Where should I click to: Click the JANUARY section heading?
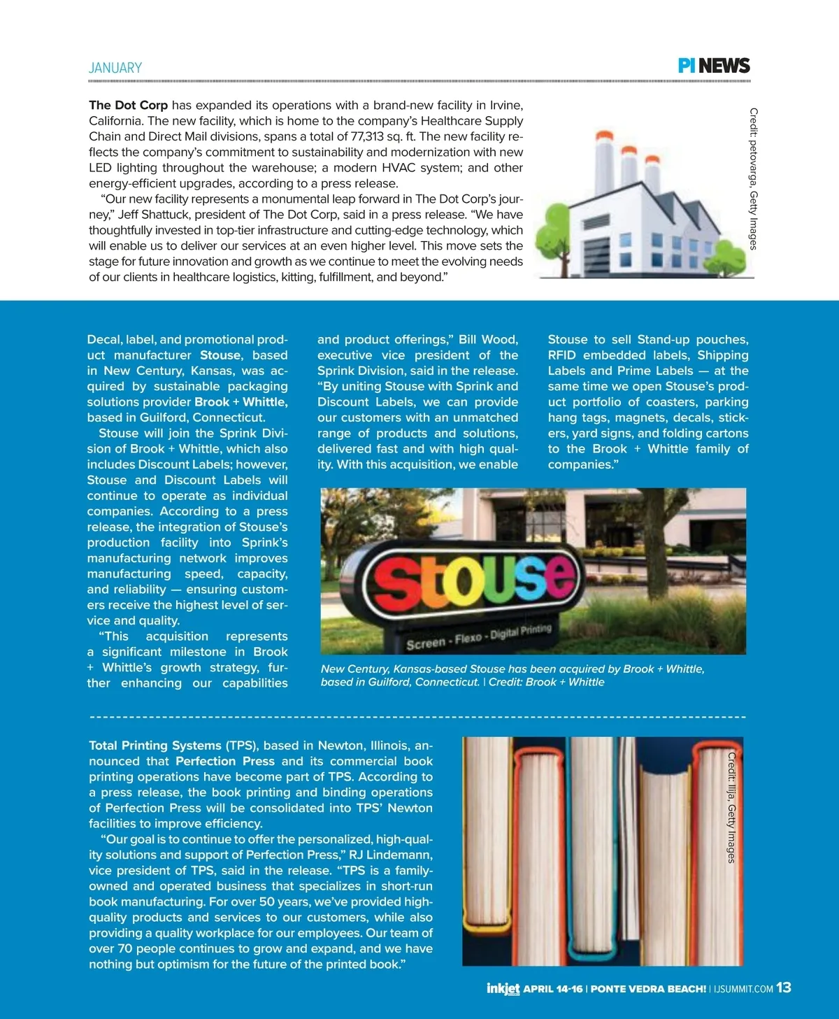tap(115, 68)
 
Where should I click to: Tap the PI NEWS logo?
tap(714, 66)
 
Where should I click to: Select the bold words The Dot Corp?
tap(128, 106)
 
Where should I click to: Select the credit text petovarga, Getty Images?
tap(753, 178)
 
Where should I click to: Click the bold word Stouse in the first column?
tap(220, 355)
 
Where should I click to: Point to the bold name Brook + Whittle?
tap(241, 402)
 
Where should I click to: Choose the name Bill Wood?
tap(488, 340)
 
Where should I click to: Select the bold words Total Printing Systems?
tap(155, 746)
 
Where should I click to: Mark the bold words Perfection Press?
tap(224, 761)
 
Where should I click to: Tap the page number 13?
tap(784, 988)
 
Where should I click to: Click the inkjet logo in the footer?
tap(503, 988)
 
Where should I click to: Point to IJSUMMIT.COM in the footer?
tap(743, 989)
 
